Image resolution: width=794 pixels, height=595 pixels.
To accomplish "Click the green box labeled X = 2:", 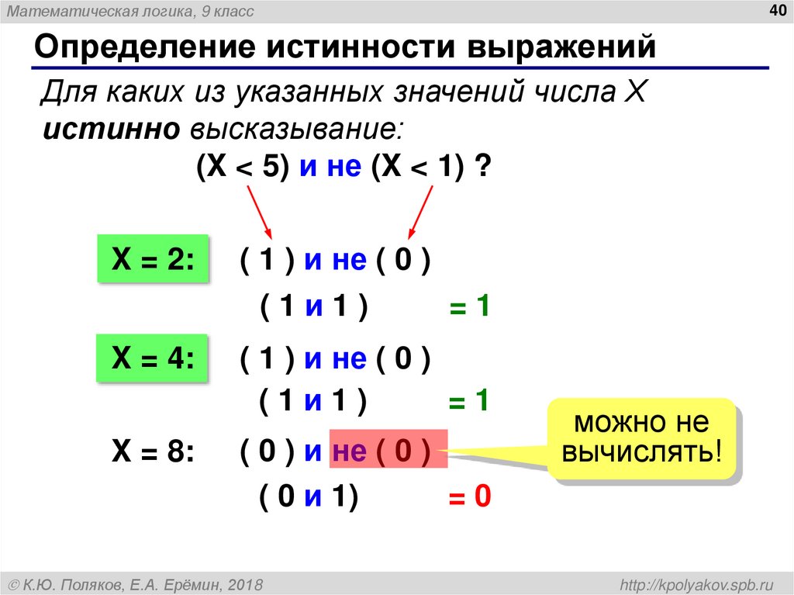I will (x=153, y=260).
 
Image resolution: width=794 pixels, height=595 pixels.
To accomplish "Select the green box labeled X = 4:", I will (x=153, y=358).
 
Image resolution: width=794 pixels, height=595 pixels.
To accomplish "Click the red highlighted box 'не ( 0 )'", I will (x=388, y=451).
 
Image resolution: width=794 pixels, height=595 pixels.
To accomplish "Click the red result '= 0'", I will (x=471, y=497).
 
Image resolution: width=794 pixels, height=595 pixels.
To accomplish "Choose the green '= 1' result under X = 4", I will (x=471, y=401).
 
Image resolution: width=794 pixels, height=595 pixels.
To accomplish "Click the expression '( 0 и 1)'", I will (x=309, y=497).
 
